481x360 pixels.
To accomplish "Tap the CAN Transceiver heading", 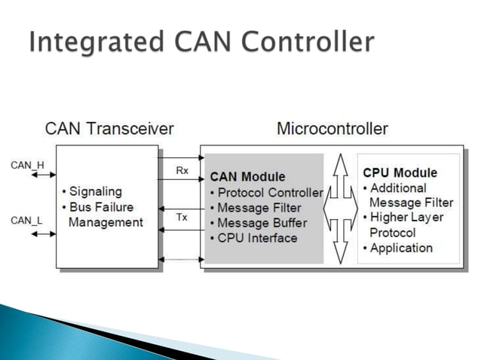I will (110, 128).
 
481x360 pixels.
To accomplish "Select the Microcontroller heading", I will (332, 128).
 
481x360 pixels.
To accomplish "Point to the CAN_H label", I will (26, 164).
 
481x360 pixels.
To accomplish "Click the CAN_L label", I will (26, 220).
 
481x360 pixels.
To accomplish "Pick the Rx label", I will (182, 170).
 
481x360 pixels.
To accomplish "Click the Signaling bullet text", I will (93, 191).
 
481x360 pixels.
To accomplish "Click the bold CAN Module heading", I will (247, 178).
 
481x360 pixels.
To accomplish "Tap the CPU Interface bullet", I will (253, 238).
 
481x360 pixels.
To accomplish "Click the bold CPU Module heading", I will (400, 172).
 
